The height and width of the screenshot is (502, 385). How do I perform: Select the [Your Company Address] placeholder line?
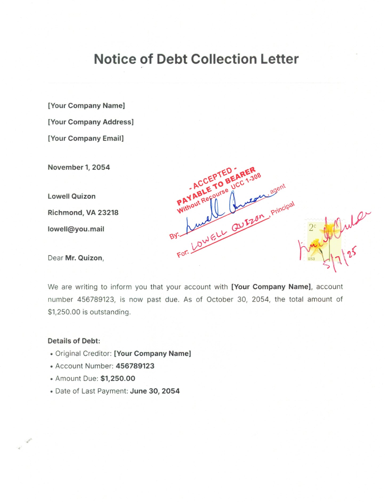[91, 122]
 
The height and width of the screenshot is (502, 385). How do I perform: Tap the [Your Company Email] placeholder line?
[86, 138]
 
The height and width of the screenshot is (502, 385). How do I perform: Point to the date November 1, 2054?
[79, 167]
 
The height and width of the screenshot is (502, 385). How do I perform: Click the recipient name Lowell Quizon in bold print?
[71, 196]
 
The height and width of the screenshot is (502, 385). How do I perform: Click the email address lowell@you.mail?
[76, 229]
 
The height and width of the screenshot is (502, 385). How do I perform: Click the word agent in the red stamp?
[278, 188]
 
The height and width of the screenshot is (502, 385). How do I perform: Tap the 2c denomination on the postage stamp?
[312, 227]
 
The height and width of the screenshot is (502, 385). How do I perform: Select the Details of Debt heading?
[74, 341]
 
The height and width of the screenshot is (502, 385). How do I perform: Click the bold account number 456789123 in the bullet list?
[135, 366]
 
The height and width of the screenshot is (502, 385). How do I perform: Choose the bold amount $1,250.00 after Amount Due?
[118, 379]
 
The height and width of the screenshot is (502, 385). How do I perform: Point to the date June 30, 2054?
[155, 391]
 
